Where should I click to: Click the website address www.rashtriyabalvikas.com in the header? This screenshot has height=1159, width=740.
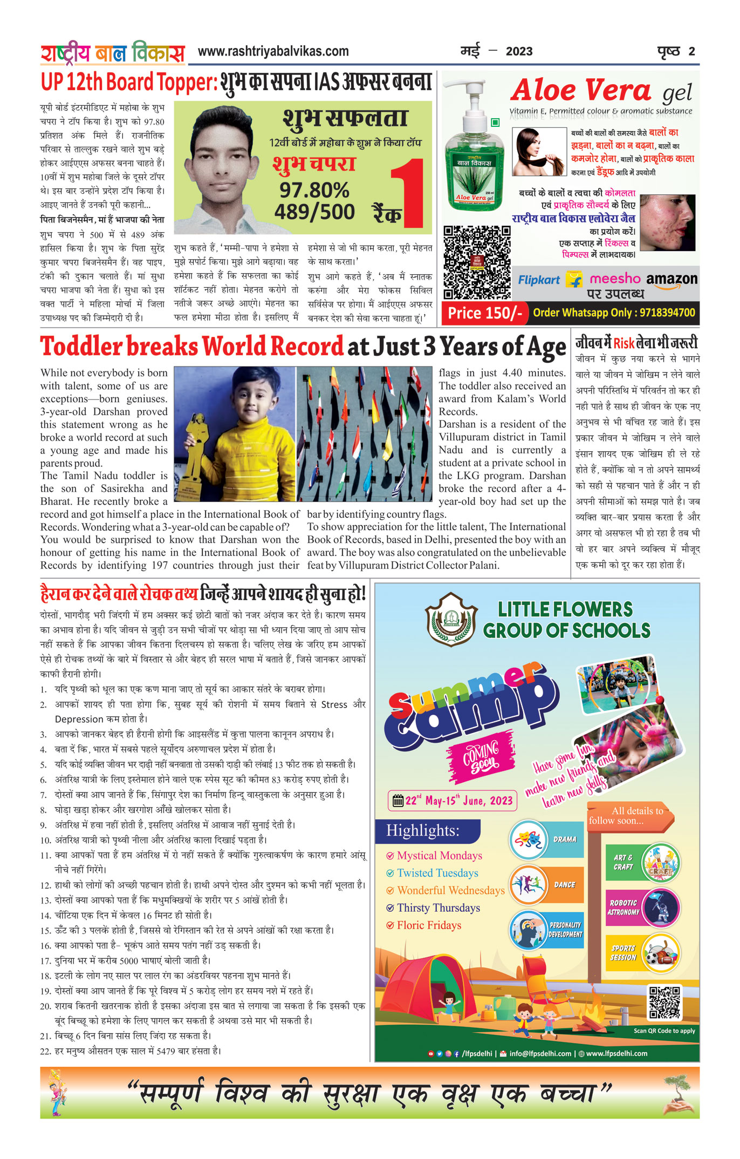[x=273, y=52]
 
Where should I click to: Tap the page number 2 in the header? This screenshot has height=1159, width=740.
[x=691, y=52]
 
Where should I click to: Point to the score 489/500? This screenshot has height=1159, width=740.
[x=314, y=212]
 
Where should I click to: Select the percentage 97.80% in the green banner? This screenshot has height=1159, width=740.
[x=314, y=190]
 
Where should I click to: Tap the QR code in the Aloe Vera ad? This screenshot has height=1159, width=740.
[x=477, y=262]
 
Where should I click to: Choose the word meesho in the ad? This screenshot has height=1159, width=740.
[x=615, y=279]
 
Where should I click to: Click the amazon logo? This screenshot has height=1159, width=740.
[x=672, y=280]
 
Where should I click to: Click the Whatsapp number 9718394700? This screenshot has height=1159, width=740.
[x=671, y=313]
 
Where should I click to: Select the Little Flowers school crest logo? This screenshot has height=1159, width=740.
[x=451, y=619]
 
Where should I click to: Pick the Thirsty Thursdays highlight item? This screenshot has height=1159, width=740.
[x=438, y=907]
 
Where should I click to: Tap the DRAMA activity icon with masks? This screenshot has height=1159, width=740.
[x=529, y=839]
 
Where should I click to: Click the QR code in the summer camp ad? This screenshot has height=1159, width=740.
[x=664, y=1002]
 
